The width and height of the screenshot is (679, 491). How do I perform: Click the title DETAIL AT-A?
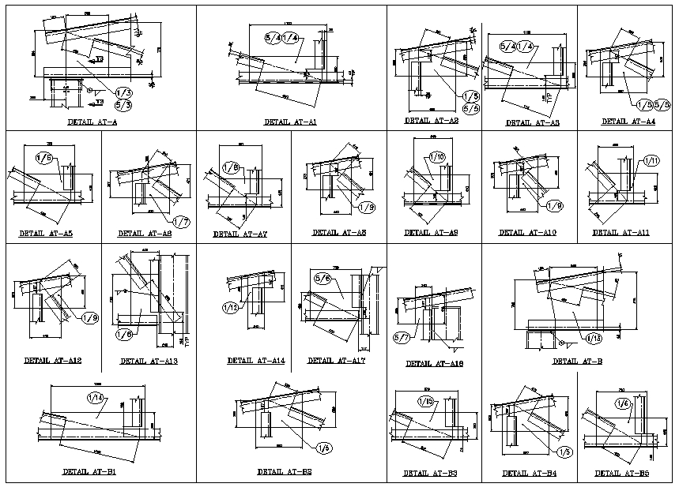tap(94, 123)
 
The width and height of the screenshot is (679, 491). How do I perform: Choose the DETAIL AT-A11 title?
tap(621, 233)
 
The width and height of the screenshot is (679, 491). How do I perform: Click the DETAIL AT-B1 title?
tap(89, 472)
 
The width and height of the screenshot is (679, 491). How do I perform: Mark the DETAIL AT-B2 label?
tap(284, 471)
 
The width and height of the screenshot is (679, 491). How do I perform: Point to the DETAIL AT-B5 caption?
tap(622, 473)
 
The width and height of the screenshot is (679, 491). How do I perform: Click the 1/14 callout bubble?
tap(96, 399)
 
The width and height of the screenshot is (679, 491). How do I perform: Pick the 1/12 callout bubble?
tap(231, 306)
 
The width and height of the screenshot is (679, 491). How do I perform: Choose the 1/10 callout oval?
tap(438, 156)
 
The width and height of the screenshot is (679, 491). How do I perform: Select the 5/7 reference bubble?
tap(401, 338)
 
